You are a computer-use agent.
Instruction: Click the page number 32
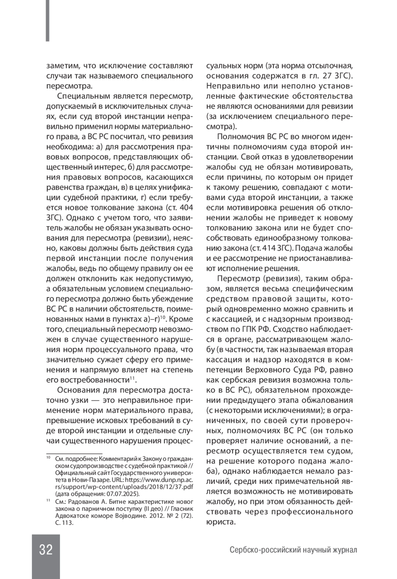pyautogui.click(x=46, y=550)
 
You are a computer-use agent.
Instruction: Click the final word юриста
pyautogui.click(x=220, y=522)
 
